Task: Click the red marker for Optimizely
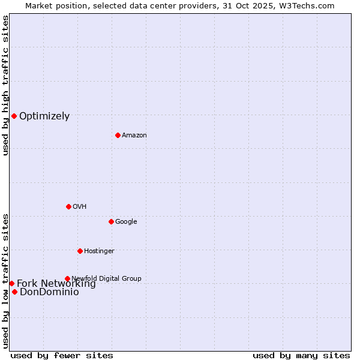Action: [x=14, y=116]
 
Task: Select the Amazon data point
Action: [x=118, y=135]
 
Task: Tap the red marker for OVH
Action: [x=68, y=206]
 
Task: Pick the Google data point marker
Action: [x=111, y=221]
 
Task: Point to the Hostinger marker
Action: [x=80, y=251]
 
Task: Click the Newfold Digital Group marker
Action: [x=67, y=278]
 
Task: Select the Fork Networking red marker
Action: [x=11, y=283]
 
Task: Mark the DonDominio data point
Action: [x=14, y=292]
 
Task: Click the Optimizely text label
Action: [x=44, y=116]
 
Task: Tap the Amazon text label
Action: [x=134, y=136]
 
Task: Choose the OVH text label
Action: [x=80, y=207]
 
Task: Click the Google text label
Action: [x=126, y=222]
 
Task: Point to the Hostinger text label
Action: [x=99, y=251]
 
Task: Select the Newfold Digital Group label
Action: [x=106, y=278]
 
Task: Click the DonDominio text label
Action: [x=49, y=292]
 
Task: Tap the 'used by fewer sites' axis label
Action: [x=62, y=355]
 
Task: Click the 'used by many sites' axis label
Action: [x=301, y=355]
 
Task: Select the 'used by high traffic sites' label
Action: [x=5, y=85]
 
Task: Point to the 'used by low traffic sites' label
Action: [x=5, y=281]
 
